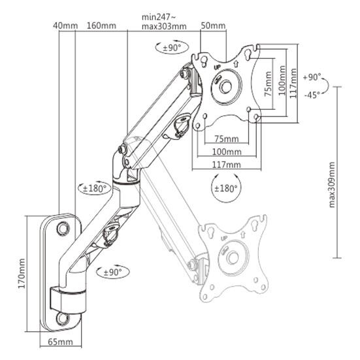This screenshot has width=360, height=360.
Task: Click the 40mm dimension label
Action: tap(65, 25)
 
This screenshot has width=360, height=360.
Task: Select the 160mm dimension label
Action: tap(101, 25)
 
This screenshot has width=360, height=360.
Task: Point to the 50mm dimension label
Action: tap(213, 25)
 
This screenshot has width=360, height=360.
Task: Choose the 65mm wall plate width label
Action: tap(59, 341)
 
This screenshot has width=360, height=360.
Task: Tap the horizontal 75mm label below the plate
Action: tap(227, 139)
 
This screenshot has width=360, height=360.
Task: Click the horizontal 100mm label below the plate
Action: tap(227, 152)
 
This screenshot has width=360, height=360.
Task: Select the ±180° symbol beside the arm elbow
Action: tap(94, 189)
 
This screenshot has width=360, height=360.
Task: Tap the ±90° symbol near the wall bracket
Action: tap(112, 271)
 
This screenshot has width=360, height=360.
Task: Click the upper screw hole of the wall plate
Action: tap(63, 228)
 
